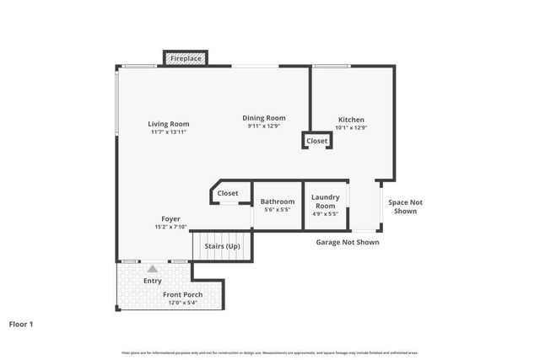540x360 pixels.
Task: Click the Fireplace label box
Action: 186,59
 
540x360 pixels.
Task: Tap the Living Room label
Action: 169,124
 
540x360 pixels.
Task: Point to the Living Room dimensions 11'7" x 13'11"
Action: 169,132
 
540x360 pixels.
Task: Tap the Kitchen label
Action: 351,120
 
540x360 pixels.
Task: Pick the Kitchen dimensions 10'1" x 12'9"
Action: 351,128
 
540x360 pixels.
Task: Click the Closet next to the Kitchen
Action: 317,141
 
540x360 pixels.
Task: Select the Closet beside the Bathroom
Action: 228,193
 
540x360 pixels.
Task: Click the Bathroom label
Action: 278,201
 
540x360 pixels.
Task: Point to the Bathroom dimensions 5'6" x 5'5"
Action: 278,210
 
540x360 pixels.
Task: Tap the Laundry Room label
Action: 325,201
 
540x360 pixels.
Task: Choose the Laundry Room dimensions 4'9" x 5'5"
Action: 325,214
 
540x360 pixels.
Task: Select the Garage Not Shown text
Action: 348,242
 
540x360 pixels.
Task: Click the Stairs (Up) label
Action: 223,247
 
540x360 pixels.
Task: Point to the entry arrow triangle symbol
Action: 153,269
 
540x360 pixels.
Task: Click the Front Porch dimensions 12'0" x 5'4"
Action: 183,303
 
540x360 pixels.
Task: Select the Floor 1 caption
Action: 21,323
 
